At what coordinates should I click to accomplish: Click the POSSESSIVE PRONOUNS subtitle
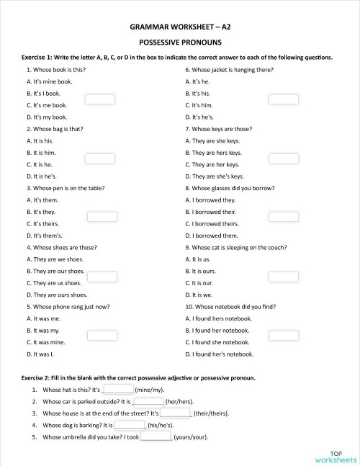pyautogui.click(x=180, y=42)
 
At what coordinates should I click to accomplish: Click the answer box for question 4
pyautogui.click(x=102, y=276)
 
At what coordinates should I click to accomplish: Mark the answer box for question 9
pyautogui.click(x=283, y=276)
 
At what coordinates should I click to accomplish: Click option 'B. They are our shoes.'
pyautogui.click(x=55, y=271)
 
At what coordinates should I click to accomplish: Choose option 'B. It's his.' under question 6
pyautogui.click(x=197, y=94)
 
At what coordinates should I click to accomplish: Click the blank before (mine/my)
pyautogui.click(x=119, y=389)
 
